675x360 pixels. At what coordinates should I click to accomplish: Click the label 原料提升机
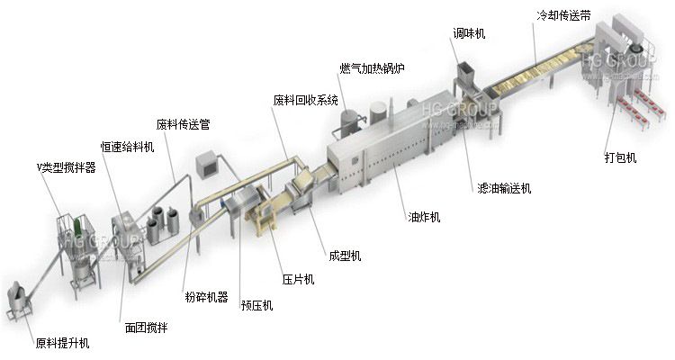click(62, 343)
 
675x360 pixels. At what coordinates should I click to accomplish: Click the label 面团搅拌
click(146, 327)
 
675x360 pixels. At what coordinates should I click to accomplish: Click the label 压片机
click(298, 279)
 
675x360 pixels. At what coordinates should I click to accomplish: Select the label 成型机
click(345, 256)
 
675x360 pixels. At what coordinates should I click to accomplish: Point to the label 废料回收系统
click(305, 99)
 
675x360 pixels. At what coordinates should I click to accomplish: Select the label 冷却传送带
click(562, 13)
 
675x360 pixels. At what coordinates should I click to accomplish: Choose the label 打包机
click(620, 157)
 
